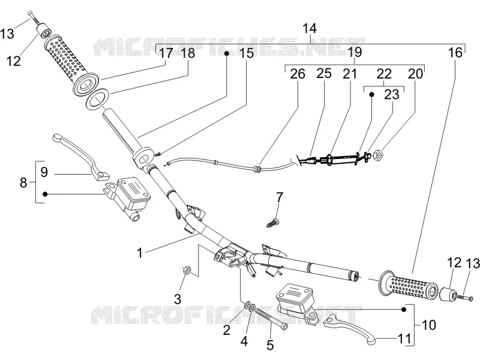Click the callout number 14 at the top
pos(309,28)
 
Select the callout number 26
pos(298,74)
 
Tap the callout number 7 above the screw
pos(279,197)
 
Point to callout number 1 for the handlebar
pos(140,253)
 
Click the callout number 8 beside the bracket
pos(23,183)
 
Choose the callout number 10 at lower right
pos(428,325)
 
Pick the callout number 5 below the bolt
pos(269,345)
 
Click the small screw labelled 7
pos(272,223)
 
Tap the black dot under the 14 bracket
pos(227,53)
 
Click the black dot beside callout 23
pos(371,95)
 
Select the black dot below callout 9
pos(45,194)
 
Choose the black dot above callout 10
pos(403,310)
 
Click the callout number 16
pos(455,53)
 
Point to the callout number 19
pos(355,52)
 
